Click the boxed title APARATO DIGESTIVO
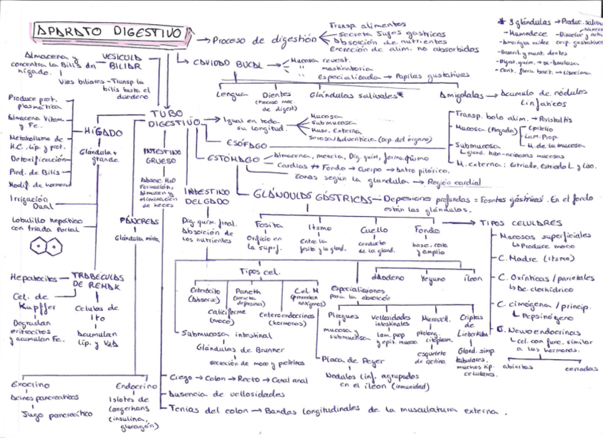tap(108, 33)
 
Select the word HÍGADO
tap(101, 132)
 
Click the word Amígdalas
tap(460, 94)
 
